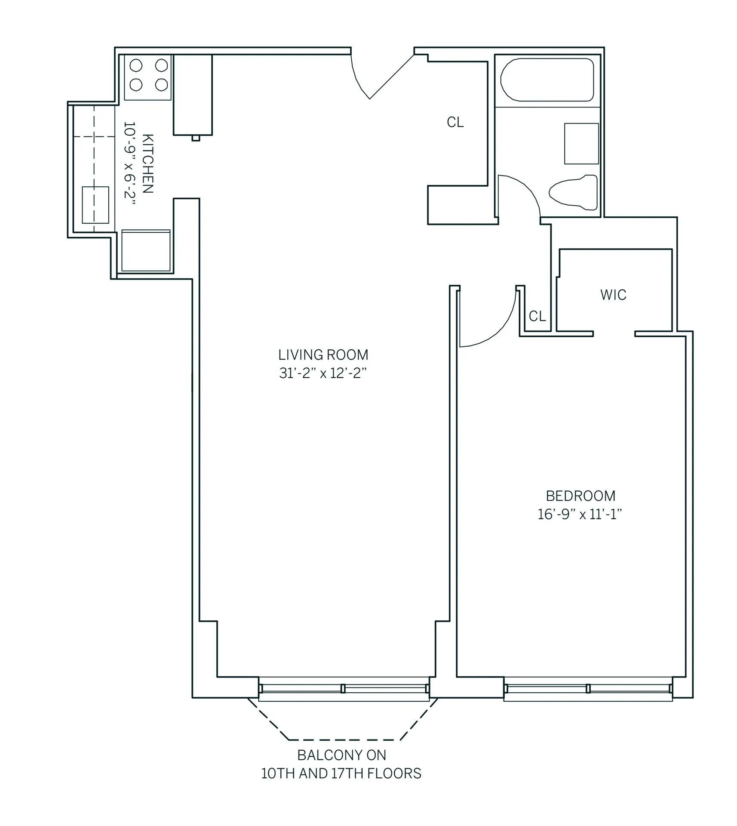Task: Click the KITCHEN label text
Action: [147, 163]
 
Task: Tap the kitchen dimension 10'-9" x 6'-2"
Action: [129, 163]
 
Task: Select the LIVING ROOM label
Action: [323, 355]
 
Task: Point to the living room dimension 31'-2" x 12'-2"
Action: [323, 373]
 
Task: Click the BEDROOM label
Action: [580, 496]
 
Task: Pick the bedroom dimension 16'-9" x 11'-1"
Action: [580, 514]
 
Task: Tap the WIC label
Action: [613, 295]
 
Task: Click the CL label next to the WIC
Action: [537, 316]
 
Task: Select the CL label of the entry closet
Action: [455, 123]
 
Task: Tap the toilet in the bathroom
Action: [574, 193]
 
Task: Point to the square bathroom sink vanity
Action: [581, 144]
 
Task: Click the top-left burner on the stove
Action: [136, 65]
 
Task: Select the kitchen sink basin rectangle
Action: [95, 205]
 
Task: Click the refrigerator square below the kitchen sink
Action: [146, 251]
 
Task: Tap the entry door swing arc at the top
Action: [358, 80]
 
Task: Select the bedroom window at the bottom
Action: [588, 689]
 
